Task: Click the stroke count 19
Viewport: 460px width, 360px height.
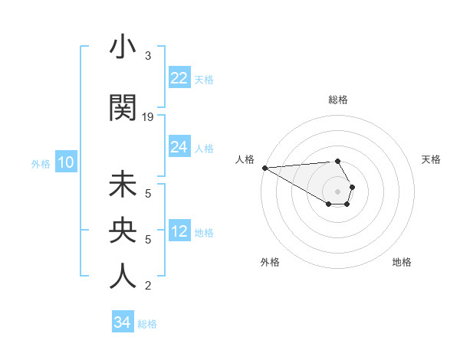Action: point(149,117)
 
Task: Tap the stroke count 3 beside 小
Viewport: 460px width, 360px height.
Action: point(148,56)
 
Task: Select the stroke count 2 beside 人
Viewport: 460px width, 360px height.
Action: point(148,286)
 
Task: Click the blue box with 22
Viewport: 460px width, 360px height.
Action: point(179,77)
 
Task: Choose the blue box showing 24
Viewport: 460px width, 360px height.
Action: point(179,146)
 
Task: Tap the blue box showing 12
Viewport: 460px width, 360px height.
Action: point(179,231)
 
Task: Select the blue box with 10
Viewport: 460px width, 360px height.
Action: point(65,162)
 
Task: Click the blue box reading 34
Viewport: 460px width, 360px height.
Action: point(122,322)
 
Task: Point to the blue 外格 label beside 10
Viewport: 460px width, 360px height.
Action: point(41,163)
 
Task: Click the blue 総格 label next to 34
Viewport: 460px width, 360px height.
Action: point(147,324)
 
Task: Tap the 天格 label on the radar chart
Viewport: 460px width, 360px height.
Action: point(431,159)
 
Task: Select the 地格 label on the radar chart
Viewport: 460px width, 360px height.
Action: point(402,263)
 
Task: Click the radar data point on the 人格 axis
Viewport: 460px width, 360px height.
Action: point(264,168)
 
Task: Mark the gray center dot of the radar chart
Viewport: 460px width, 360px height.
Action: point(337,191)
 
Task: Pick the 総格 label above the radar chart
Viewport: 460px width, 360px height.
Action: point(338,100)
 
